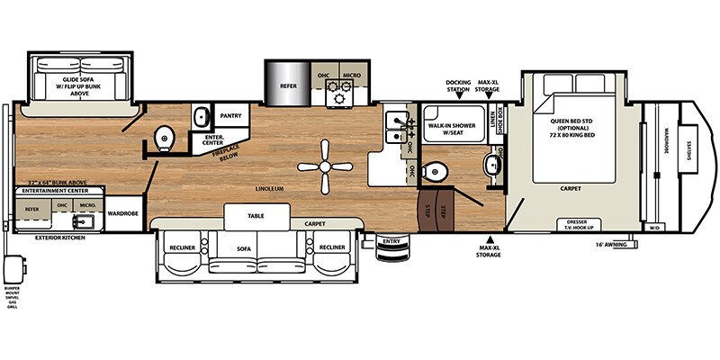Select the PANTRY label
point(231,115)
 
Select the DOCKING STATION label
point(459,87)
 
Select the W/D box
point(653,228)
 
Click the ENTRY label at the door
point(391,241)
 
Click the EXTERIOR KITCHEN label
point(60,238)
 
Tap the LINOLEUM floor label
point(271,187)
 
